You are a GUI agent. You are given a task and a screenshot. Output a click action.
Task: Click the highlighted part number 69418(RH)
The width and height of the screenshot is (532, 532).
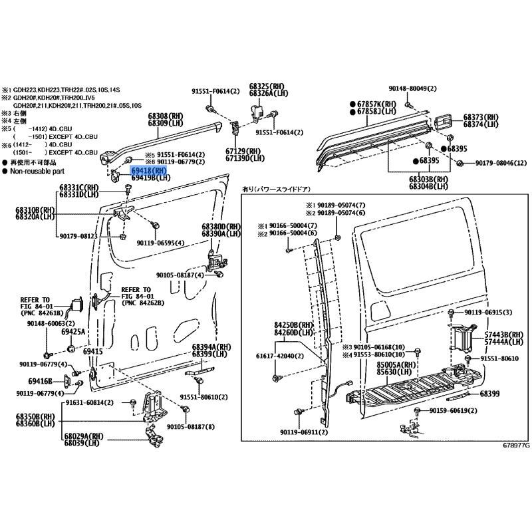tap(149, 172)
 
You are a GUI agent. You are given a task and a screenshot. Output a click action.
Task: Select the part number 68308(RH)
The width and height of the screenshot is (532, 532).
tap(164, 116)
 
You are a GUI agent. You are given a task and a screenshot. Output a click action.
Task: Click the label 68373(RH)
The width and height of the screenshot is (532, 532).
tap(481, 116)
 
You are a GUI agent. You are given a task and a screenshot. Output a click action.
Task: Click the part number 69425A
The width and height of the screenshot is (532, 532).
tap(73, 331)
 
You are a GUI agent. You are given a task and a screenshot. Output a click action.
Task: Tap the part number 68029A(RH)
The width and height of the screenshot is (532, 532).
tap(84, 436)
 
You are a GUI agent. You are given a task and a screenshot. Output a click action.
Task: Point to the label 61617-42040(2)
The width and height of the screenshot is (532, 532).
tap(281, 356)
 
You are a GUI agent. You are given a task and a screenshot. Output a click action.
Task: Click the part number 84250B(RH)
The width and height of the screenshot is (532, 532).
tap(293, 325)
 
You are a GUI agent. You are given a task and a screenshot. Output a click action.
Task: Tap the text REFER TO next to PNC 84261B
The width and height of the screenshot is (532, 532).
tap(35, 300)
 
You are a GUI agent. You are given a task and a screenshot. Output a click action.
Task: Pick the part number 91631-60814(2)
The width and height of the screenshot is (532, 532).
tap(90, 403)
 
